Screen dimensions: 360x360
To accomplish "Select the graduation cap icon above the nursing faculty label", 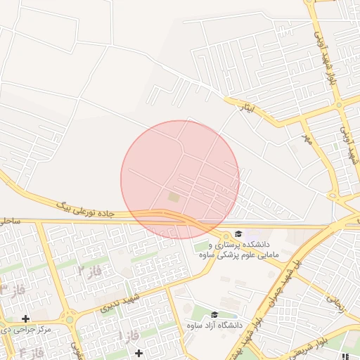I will (x=238, y=233).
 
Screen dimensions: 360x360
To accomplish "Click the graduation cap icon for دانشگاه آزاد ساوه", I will (x=214, y=315).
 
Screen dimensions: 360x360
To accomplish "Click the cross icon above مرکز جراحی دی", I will (x=26, y=319).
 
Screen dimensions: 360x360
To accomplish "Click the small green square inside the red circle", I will (x=174, y=198).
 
